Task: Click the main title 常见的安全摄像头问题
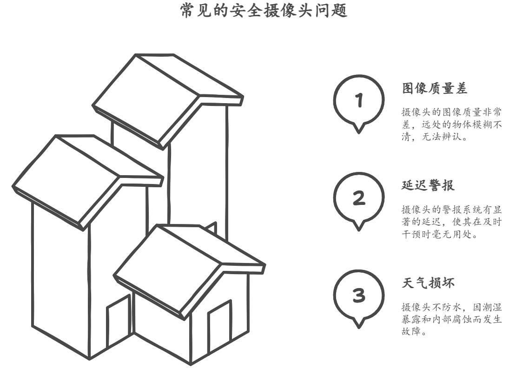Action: tap(264, 11)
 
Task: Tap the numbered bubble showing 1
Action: tap(358, 100)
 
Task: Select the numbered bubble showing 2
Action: tap(358, 198)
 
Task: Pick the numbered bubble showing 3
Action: tap(358, 296)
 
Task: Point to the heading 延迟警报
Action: tap(428, 185)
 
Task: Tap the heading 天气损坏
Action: tap(428, 283)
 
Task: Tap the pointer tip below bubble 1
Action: tap(358, 131)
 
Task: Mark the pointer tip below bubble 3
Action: tap(358, 327)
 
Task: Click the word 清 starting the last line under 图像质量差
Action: tap(406, 138)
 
